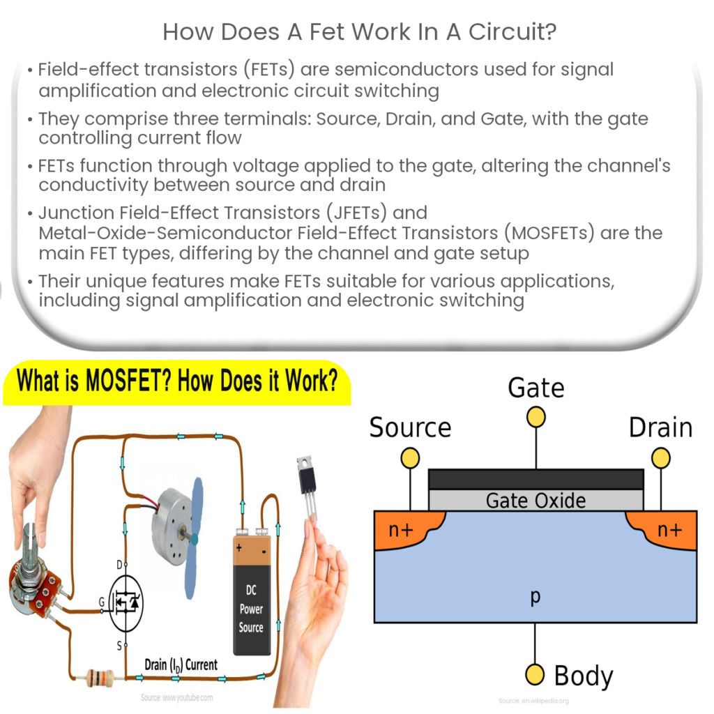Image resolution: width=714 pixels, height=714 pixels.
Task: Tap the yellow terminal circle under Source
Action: point(410,457)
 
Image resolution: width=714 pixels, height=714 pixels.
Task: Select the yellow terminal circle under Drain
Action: point(660,457)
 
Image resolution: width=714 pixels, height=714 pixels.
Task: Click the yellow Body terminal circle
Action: point(535,674)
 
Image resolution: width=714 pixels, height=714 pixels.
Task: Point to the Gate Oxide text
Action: point(535,500)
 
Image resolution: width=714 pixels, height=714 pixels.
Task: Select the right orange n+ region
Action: point(666,529)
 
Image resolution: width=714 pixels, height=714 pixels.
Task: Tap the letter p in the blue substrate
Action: point(535,596)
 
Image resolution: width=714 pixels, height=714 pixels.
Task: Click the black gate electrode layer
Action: point(535,478)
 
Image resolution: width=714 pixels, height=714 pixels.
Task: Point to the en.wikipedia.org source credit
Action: point(536,700)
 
